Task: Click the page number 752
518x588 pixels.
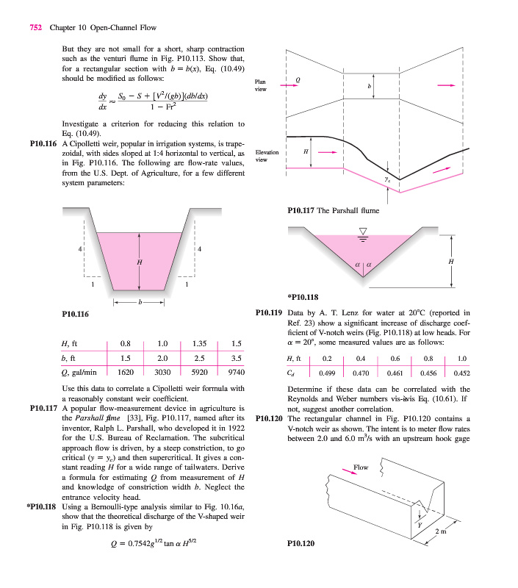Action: [35, 28]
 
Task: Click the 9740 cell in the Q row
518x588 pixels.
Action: [236, 373]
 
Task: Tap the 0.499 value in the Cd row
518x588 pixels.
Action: [327, 373]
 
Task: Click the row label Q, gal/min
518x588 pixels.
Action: [79, 373]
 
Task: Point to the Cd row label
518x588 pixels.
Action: [292, 373]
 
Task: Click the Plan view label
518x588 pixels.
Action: [261, 85]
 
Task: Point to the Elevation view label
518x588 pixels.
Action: [266, 155]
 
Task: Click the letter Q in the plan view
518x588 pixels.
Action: [297, 78]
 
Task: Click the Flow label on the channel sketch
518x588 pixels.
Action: [361, 467]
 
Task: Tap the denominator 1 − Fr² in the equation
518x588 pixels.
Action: [171, 106]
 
